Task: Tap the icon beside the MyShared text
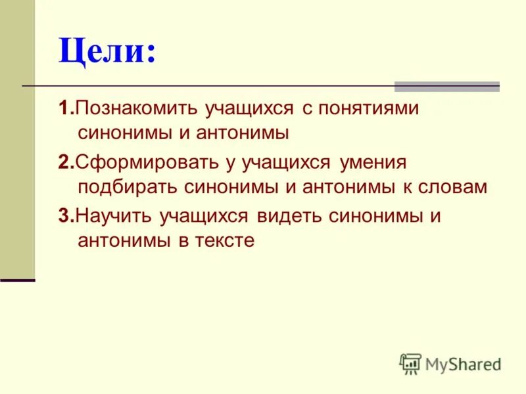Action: tap(410, 364)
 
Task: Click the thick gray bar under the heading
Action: tap(446, 86)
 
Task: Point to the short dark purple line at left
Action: tap(17, 280)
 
